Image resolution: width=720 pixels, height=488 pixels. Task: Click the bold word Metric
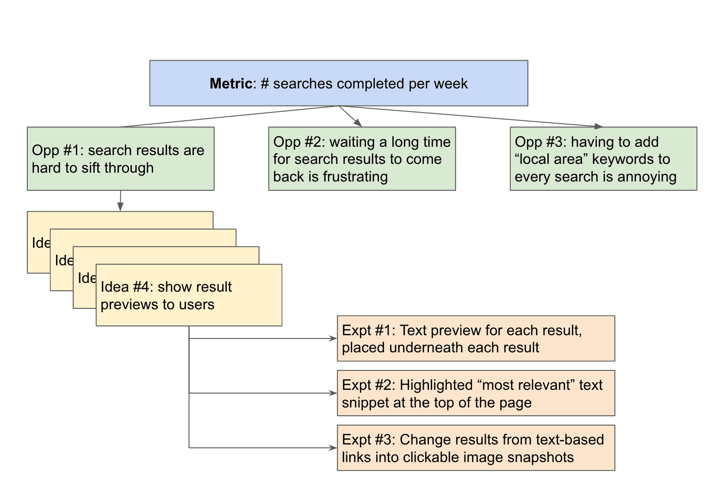coord(230,84)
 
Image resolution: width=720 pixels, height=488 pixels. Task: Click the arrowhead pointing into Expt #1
coord(333,338)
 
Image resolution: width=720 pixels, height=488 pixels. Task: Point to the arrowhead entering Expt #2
coord(333,393)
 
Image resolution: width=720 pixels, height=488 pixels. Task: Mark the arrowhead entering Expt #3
coord(333,448)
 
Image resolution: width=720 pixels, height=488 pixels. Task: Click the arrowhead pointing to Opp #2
coord(358,123)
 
